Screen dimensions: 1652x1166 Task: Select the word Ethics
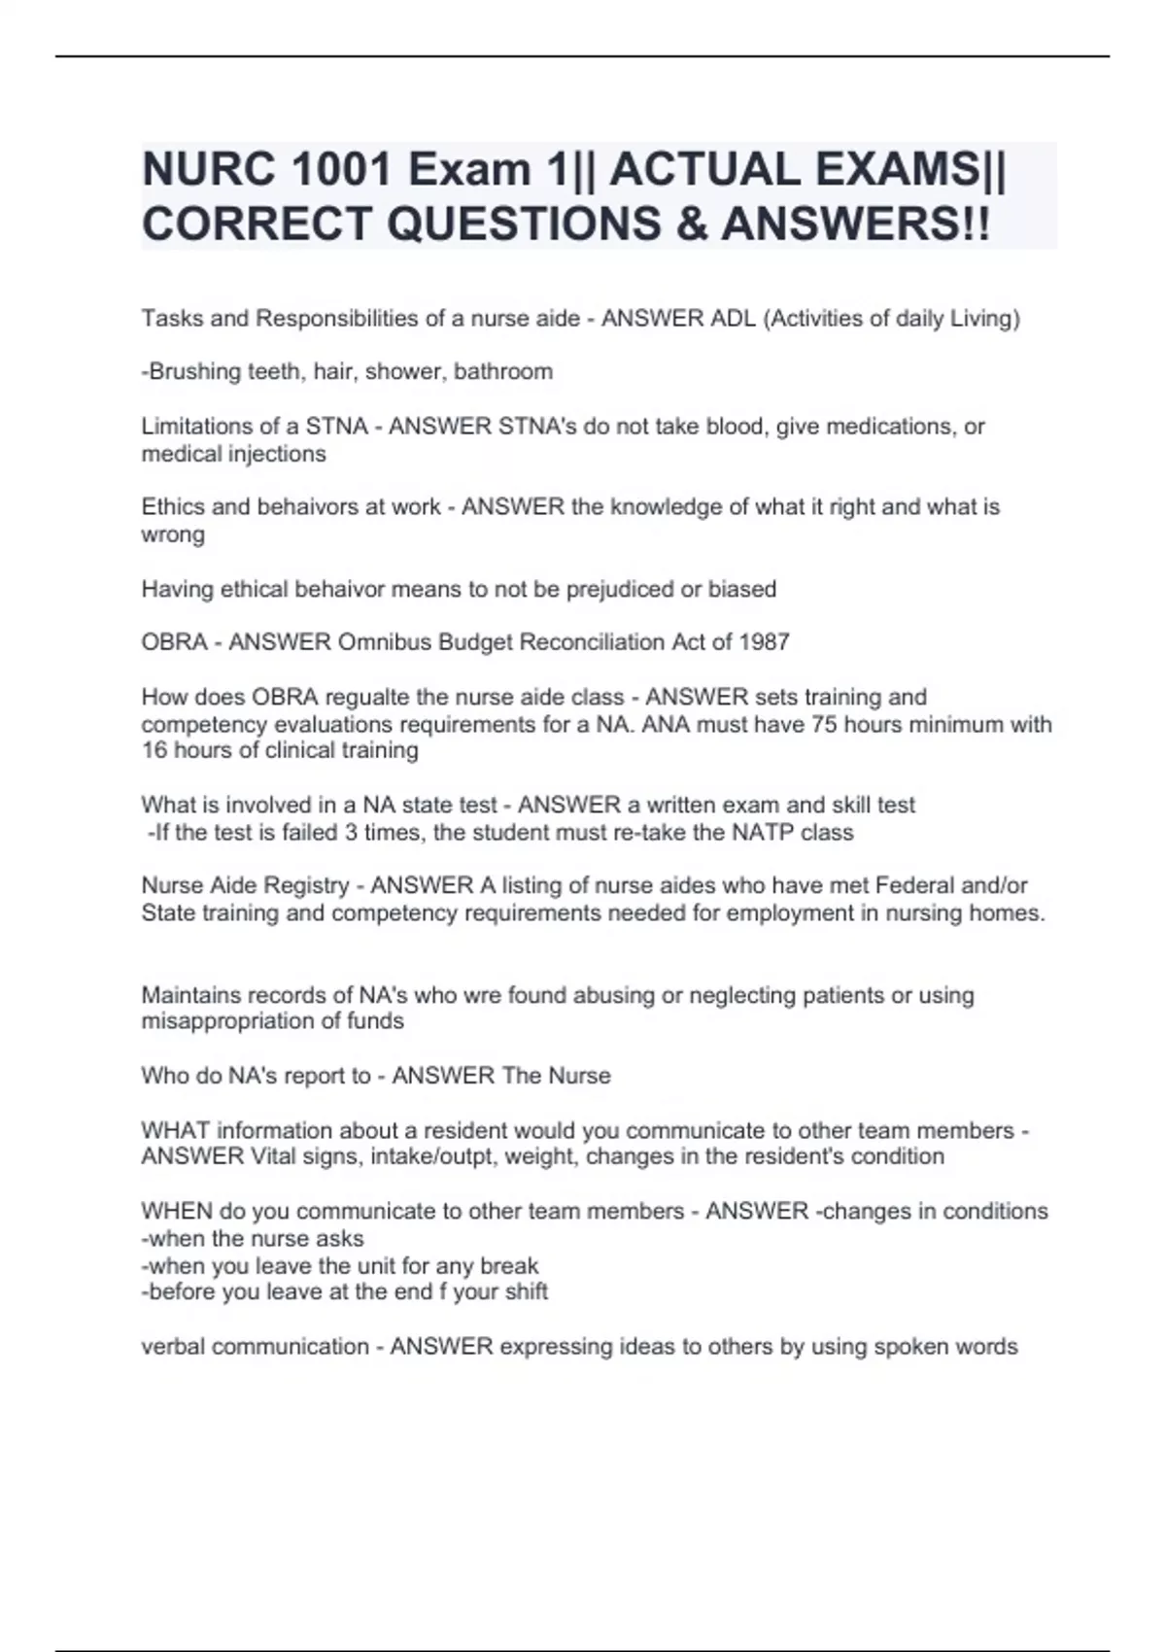click(x=172, y=507)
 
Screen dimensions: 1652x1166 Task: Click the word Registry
click(x=307, y=886)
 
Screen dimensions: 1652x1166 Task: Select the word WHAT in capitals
click(x=175, y=1131)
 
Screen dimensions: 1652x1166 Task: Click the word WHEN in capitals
click(x=177, y=1212)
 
